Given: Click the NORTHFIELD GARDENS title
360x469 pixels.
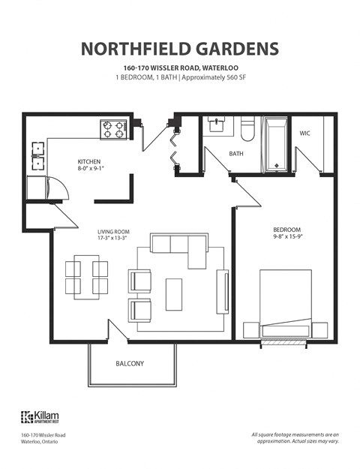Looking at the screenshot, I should click(x=179, y=49).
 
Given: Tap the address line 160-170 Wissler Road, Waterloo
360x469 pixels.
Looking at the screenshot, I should click(x=179, y=68).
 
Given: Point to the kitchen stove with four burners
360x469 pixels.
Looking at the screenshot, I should click(x=113, y=129).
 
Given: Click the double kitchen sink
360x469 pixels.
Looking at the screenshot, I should click(x=37, y=157).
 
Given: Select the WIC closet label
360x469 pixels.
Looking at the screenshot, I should click(x=305, y=133).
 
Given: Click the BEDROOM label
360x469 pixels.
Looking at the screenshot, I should click(x=286, y=230).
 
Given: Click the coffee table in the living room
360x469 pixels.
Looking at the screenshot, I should click(x=173, y=293).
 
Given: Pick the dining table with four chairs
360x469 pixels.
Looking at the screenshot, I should click(x=86, y=277).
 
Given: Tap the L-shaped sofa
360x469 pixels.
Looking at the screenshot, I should click(x=180, y=245).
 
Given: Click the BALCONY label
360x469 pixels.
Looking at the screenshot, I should click(x=130, y=364).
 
